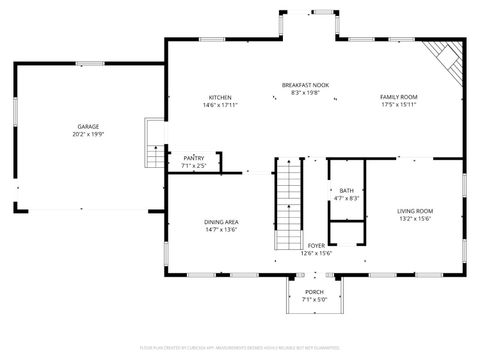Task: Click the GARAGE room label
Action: pyautogui.click(x=88, y=126)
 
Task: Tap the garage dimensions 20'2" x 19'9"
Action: pyautogui.click(x=88, y=133)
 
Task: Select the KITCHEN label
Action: pyautogui.click(x=220, y=97)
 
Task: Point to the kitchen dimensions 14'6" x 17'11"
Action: pyautogui.click(x=220, y=104)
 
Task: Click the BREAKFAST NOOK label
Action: pyautogui.click(x=305, y=85)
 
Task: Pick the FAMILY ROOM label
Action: pyautogui.click(x=398, y=97)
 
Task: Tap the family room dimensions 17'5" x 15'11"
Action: pyautogui.click(x=398, y=104)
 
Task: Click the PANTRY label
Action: pyautogui.click(x=194, y=158)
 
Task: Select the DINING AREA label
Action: pyautogui.click(x=221, y=222)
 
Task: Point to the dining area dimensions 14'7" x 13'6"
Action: pyautogui.click(x=221, y=229)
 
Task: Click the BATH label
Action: pyautogui.click(x=346, y=190)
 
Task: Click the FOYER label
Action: pyautogui.click(x=316, y=245)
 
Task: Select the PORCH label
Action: pyautogui.click(x=315, y=292)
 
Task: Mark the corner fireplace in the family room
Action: pyautogui.click(x=446, y=60)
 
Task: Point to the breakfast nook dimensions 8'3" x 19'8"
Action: pyautogui.click(x=305, y=92)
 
